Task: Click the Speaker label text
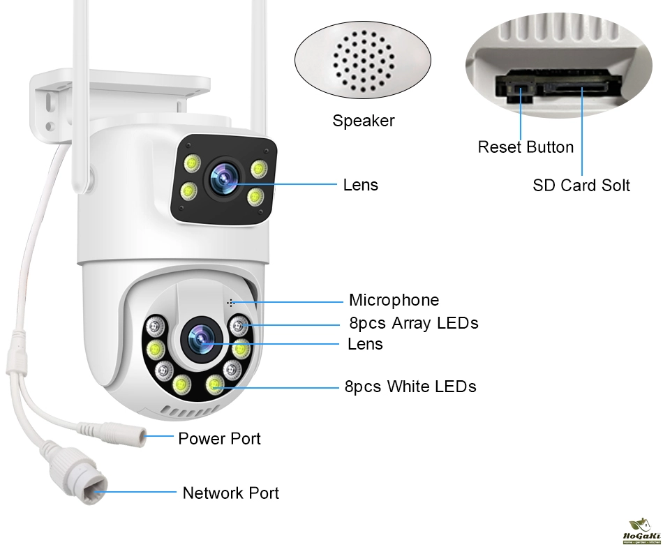[x=363, y=121]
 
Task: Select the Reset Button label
[x=526, y=147]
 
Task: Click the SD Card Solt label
[x=581, y=185]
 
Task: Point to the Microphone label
[x=394, y=300]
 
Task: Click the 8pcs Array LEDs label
[x=413, y=323]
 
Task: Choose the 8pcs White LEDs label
[x=410, y=387]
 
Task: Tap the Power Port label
[x=219, y=438]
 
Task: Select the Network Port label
[x=230, y=493]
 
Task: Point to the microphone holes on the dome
[x=230, y=302]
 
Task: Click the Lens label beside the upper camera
[x=360, y=185]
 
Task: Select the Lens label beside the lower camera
[x=365, y=344]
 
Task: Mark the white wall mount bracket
[x=119, y=98]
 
